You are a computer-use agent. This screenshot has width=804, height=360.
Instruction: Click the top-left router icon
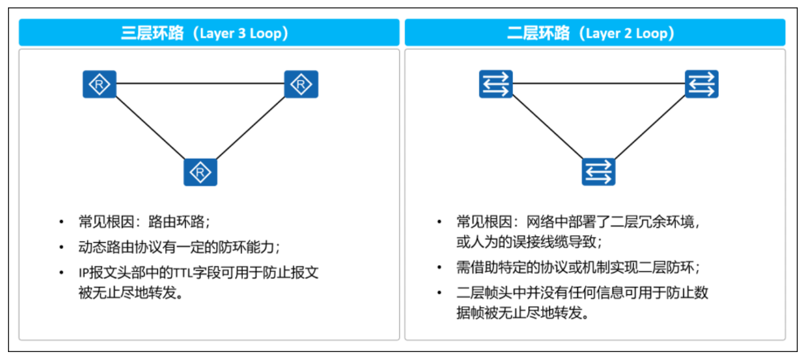click(x=99, y=85)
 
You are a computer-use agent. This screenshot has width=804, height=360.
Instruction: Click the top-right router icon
click(x=301, y=85)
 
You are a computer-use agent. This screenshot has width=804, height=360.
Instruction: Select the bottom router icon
click(x=200, y=172)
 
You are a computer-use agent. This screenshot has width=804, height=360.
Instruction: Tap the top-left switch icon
click(x=495, y=85)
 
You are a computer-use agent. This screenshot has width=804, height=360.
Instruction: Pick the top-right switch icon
click(x=702, y=85)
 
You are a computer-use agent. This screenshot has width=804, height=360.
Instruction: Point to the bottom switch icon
click(x=598, y=172)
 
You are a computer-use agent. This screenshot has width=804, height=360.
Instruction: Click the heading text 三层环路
click(x=152, y=33)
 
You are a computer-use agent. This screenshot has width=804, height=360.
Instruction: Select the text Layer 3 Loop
click(x=241, y=33)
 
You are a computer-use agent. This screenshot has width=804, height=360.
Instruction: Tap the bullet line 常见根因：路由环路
click(x=145, y=222)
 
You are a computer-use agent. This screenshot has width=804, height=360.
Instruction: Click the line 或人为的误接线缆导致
click(x=529, y=242)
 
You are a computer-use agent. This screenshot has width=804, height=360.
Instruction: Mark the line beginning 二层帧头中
click(x=582, y=293)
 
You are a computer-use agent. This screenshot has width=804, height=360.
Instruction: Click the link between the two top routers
click(x=200, y=84)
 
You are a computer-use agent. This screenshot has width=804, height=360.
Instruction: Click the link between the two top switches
click(x=598, y=84)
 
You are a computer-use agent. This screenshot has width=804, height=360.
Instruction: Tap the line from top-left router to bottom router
click(x=150, y=128)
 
